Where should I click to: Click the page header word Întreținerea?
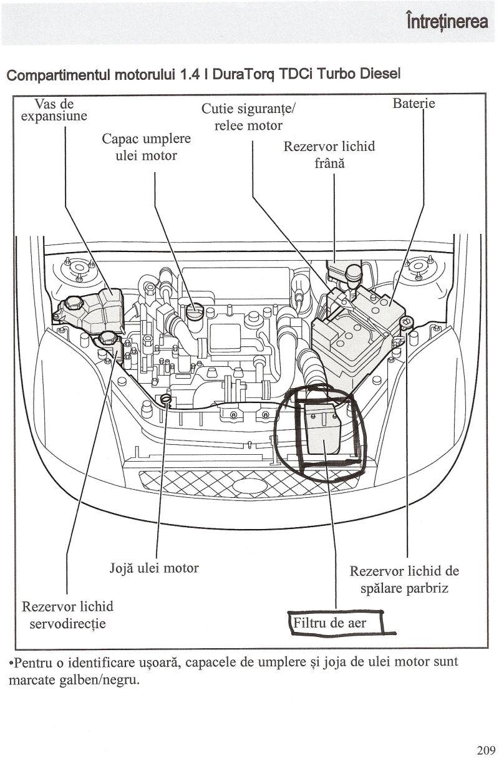(447, 22)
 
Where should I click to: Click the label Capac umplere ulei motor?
(147, 147)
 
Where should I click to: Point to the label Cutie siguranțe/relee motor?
(248, 117)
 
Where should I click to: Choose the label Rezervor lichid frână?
(329, 155)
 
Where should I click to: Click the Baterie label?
(414, 104)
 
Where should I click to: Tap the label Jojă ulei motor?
(154, 568)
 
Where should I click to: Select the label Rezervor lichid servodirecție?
(67, 615)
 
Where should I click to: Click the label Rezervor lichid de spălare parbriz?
(404, 580)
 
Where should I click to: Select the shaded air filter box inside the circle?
(323, 430)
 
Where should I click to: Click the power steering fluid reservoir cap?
(107, 340)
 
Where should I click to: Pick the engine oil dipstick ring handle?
(166, 399)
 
